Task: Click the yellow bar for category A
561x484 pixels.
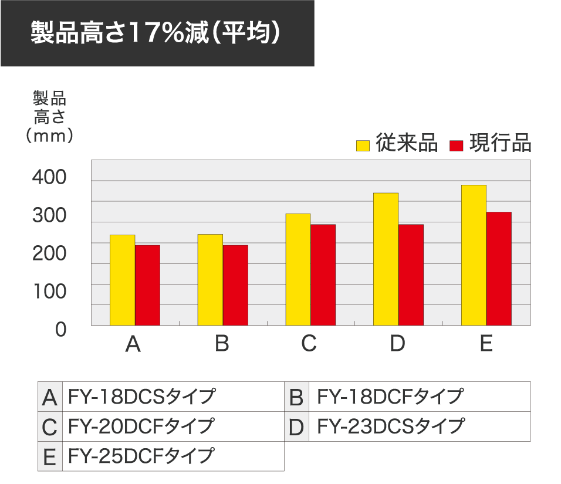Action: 122,280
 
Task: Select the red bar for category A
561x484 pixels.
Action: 147,285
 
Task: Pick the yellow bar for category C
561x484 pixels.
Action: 298,269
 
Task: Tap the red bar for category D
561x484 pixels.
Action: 411,275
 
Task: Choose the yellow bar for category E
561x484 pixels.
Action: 474,255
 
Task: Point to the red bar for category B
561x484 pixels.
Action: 235,285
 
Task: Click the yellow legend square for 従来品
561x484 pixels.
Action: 363,145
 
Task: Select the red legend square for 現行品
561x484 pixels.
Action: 457,145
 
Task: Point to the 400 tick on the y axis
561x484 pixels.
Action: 49,177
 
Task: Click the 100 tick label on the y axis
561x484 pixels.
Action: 49,292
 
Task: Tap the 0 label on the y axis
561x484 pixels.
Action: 61,330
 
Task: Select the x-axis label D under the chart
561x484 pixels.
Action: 397,344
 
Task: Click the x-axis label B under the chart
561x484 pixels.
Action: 222,344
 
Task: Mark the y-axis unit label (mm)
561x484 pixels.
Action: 49,136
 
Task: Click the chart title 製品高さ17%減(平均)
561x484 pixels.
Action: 155,33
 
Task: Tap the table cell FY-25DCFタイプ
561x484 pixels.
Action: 141,455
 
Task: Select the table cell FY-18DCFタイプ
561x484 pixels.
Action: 390,397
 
